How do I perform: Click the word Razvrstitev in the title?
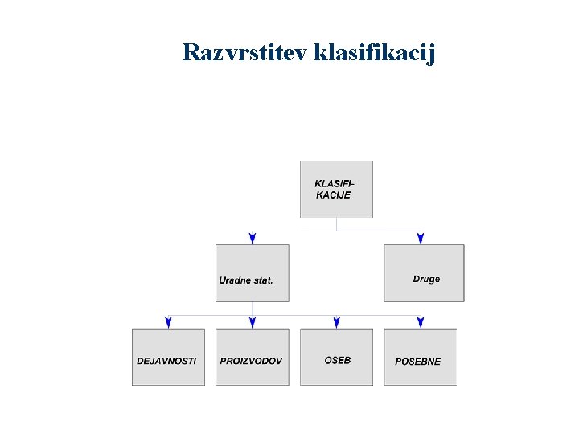click(x=245, y=53)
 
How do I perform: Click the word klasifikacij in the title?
click(x=375, y=53)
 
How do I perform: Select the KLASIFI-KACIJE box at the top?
click(x=336, y=189)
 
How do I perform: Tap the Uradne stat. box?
click(x=253, y=273)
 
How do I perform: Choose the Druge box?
click(x=424, y=273)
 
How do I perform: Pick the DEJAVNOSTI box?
click(x=168, y=357)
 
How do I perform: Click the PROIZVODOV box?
click(x=253, y=357)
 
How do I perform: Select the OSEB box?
click(x=336, y=357)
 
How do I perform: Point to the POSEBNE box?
click(x=420, y=357)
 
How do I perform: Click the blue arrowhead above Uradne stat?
click(x=253, y=239)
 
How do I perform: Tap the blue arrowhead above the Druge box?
click(x=421, y=239)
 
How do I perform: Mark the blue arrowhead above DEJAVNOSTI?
click(x=168, y=322)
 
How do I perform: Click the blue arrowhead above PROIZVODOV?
click(x=253, y=322)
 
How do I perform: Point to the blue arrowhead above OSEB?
click(x=336, y=322)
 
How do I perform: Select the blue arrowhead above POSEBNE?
click(x=421, y=322)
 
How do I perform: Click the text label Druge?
click(x=426, y=279)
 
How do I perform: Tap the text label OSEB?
click(x=338, y=360)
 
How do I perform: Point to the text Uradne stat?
click(x=246, y=280)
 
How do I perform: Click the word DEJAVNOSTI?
click(x=166, y=361)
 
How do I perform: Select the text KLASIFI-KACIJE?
click(x=334, y=190)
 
